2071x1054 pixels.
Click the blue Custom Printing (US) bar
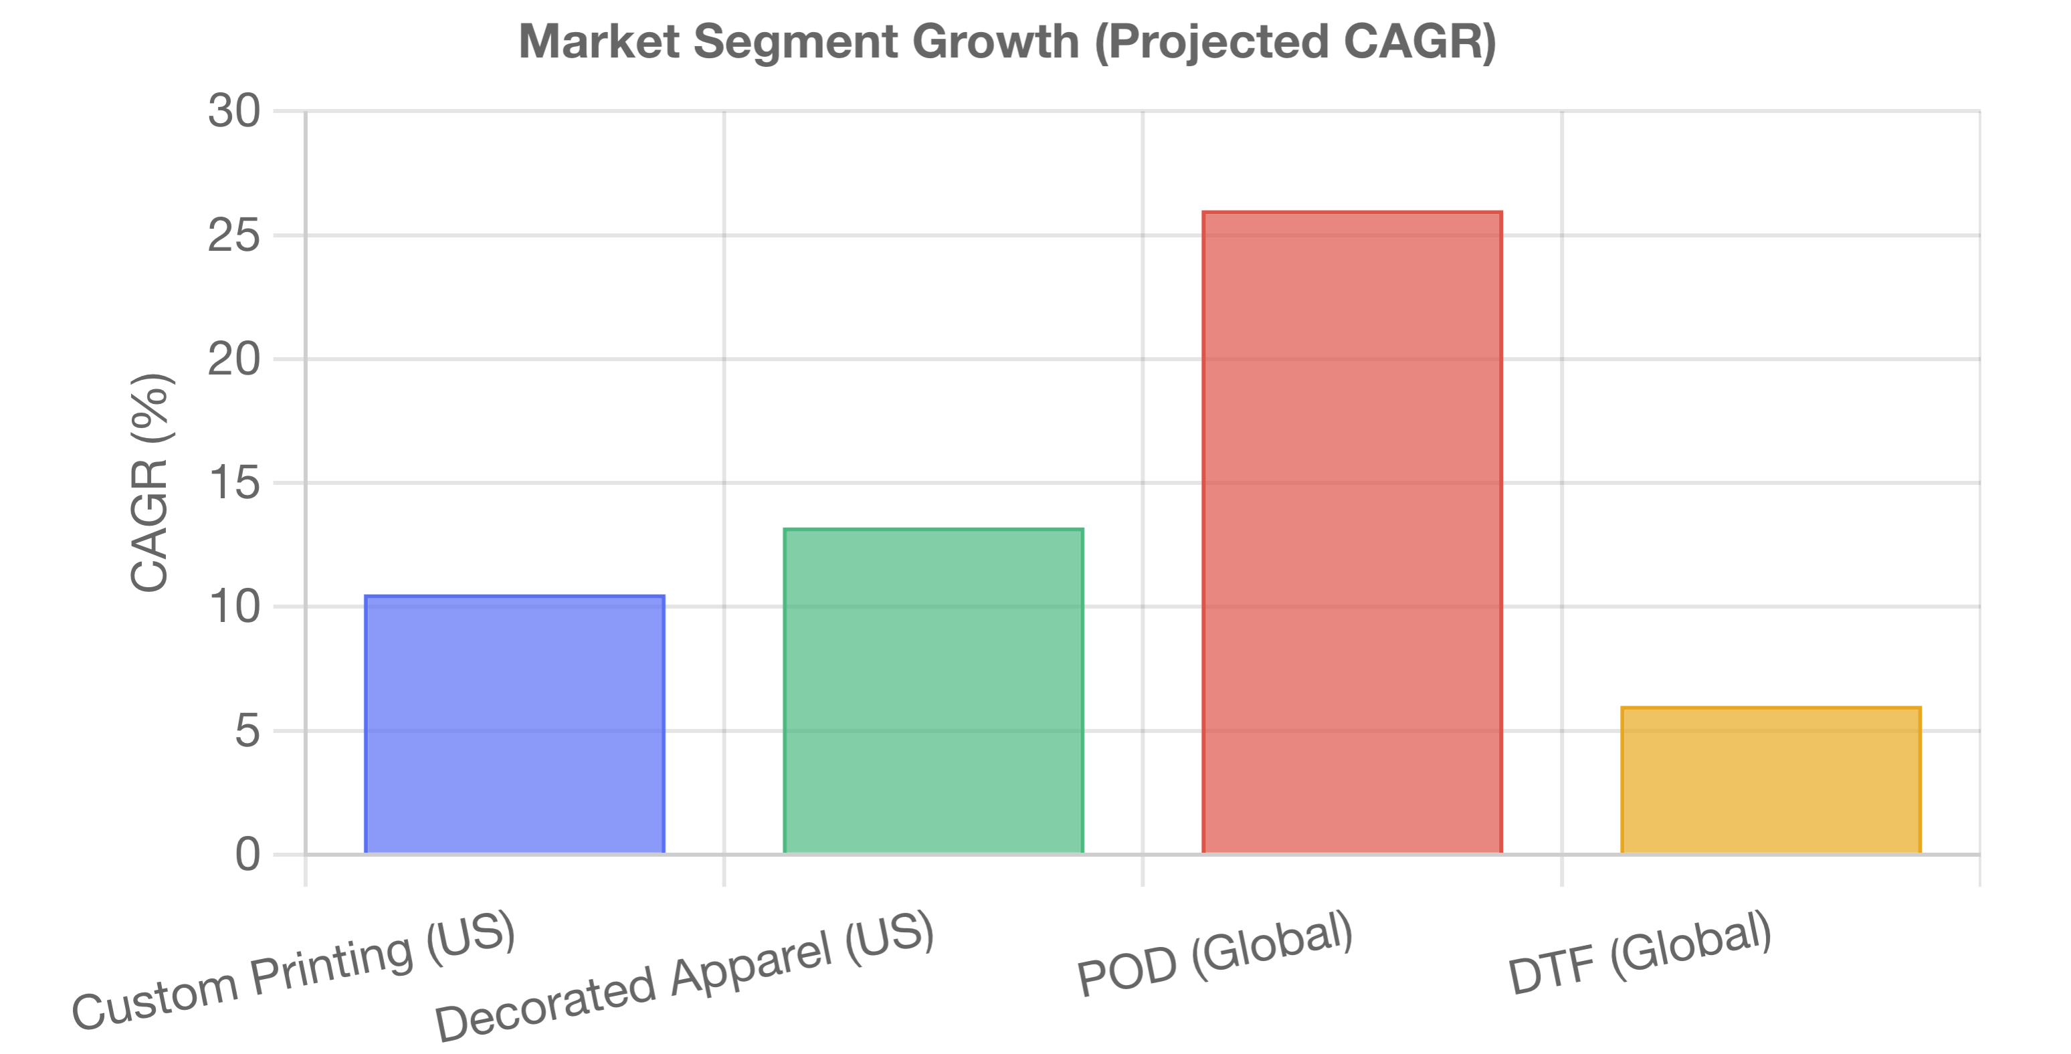(x=514, y=724)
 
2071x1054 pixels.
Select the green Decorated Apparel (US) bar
(x=933, y=691)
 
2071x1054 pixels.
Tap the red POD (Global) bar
(x=1353, y=532)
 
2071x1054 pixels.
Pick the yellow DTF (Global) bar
(x=1771, y=780)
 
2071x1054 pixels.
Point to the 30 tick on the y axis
(x=234, y=110)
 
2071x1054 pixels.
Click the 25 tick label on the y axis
(x=234, y=235)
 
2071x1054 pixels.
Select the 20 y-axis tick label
(x=234, y=359)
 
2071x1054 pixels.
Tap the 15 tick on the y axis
(x=234, y=483)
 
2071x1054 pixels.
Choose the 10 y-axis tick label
(x=234, y=607)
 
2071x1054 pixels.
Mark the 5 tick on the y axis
(x=247, y=731)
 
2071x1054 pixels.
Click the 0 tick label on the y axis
(x=247, y=855)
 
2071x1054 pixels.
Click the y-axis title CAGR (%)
(x=151, y=482)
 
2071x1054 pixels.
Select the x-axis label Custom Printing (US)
(x=294, y=971)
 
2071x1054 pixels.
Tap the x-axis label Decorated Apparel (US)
(x=685, y=976)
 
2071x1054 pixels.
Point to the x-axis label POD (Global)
(x=1215, y=954)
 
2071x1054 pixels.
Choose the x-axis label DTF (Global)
(x=1640, y=954)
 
